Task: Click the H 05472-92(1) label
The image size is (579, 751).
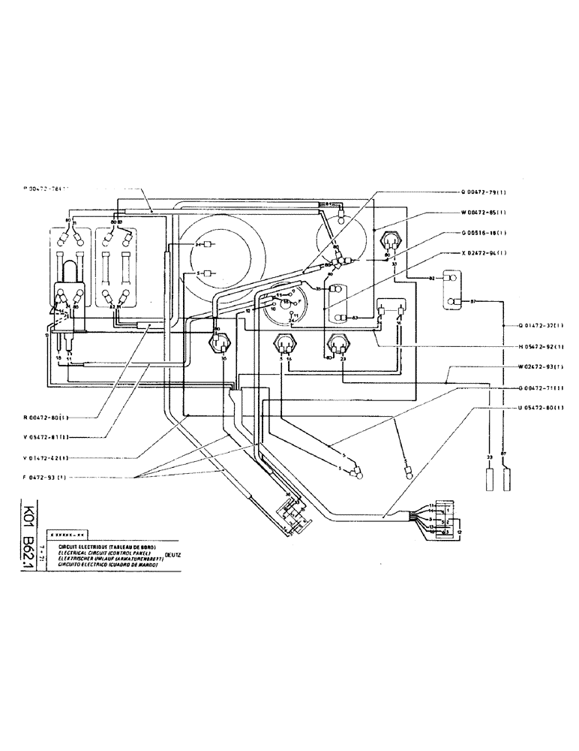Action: (x=542, y=347)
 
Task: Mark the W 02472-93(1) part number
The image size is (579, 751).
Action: (x=542, y=367)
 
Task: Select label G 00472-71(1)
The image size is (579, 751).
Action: (x=542, y=388)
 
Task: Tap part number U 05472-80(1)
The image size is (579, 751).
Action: (x=542, y=409)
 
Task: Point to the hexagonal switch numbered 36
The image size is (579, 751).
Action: (x=218, y=342)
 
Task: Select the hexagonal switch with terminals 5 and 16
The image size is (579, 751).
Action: (x=284, y=345)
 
